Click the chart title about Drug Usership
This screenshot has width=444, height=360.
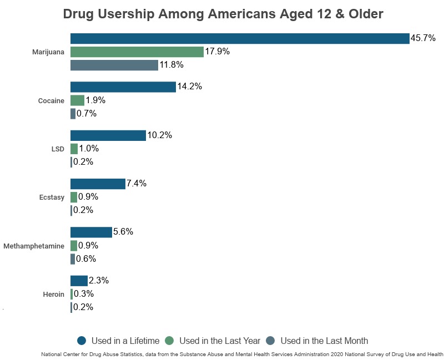223,14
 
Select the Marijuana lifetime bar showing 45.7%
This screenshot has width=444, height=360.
240,38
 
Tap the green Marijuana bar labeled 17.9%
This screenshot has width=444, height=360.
137,52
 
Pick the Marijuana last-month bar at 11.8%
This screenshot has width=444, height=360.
114,65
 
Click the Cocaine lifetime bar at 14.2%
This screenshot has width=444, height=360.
123,87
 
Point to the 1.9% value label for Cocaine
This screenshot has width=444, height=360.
95,100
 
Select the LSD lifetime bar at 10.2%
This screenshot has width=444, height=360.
108,135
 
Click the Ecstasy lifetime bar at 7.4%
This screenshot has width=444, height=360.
98,184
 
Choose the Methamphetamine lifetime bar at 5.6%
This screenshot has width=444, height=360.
91,232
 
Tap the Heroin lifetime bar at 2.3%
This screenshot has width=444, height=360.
79,281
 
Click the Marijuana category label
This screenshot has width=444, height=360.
48,52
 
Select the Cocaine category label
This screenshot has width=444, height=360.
51,101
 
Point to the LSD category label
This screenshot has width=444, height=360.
57,149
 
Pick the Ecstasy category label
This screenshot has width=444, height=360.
51,197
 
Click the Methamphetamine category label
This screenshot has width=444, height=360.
34,246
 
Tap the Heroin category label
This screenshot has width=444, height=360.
53,294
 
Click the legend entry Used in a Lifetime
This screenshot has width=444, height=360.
118,341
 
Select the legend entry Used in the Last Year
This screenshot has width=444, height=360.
213,341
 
